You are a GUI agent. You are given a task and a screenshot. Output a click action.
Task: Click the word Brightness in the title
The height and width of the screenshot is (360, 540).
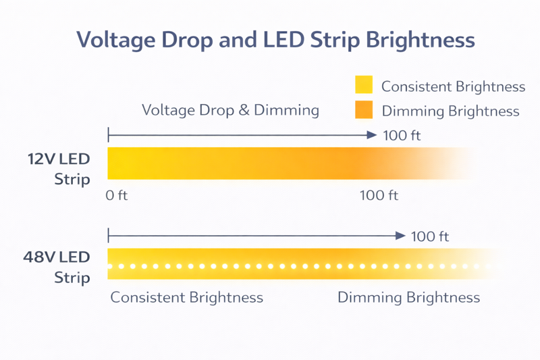(420, 40)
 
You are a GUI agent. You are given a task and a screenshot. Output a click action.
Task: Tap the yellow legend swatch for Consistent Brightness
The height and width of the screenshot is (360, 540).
(364, 84)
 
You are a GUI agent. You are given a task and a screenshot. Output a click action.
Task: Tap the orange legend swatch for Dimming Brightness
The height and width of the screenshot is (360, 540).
(364, 109)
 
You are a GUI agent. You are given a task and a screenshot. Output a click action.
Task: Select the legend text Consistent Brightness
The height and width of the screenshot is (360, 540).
(453, 86)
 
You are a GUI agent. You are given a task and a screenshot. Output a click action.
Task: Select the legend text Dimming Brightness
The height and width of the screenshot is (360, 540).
(450, 111)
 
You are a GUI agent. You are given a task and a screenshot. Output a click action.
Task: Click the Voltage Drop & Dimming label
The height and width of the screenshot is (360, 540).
(230, 110)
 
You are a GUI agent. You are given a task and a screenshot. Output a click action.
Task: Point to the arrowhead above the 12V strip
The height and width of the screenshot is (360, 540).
(371, 135)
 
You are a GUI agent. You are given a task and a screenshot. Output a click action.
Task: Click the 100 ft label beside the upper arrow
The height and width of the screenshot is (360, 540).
(402, 136)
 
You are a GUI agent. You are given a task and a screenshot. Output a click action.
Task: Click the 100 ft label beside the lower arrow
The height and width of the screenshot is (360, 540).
(430, 236)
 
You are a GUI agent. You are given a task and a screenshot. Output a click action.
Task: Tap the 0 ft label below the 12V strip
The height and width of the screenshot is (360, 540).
(117, 196)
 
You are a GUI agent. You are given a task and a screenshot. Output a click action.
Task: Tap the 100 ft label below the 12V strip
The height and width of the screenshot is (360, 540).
(379, 196)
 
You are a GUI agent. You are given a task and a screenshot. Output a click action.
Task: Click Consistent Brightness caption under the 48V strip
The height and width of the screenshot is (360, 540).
(186, 297)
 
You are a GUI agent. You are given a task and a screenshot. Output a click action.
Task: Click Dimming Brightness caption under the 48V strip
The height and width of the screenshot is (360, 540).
(408, 297)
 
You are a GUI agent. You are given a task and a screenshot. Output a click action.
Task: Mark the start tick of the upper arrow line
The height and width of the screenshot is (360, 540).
(108, 135)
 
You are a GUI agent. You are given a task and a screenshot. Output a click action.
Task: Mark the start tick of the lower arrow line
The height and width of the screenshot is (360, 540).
(108, 236)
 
